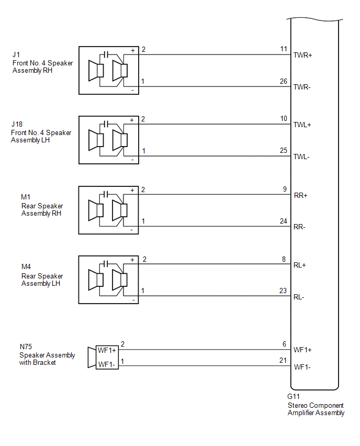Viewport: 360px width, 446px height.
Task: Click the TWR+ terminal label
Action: [303, 55]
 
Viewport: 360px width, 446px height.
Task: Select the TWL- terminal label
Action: [302, 157]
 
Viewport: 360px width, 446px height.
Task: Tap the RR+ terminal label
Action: [300, 195]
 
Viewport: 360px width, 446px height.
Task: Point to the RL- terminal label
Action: [299, 297]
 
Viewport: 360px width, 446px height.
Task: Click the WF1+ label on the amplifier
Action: [303, 349]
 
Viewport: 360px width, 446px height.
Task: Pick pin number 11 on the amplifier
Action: [284, 49]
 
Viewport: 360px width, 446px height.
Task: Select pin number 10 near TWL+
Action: [284, 119]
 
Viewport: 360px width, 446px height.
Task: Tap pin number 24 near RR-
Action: [284, 221]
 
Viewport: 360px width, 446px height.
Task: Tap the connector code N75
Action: [26, 347]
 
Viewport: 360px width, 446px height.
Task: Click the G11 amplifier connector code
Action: [294, 397]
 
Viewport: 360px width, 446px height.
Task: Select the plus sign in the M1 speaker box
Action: [132, 190]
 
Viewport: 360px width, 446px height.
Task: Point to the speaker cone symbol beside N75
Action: [91, 358]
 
